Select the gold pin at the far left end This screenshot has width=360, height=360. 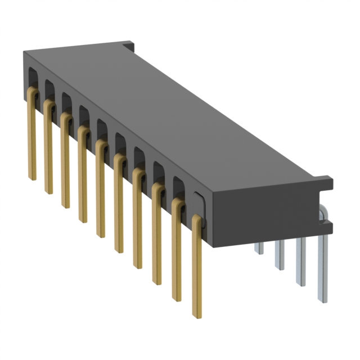[x=32, y=135]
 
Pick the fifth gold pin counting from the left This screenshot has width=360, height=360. [x=101, y=191]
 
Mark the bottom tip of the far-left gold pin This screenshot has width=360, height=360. [x=32, y=177]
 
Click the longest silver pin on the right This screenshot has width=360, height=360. [x=323, y=270]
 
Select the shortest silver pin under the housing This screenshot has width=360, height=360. [x=259, y=248]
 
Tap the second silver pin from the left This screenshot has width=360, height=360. [x=280, y=256]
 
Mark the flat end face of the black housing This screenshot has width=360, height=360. [x=264, y=214]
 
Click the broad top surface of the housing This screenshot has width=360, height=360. [x=169, y=107]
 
